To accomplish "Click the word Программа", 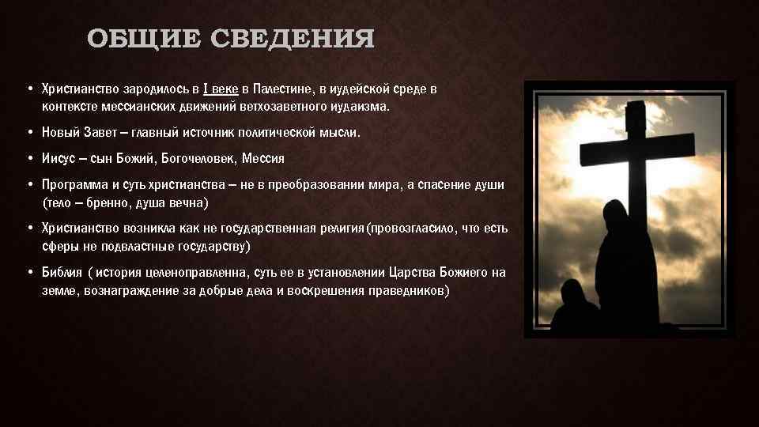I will [x=74, y=185].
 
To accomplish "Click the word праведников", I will [x=407, y=291].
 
